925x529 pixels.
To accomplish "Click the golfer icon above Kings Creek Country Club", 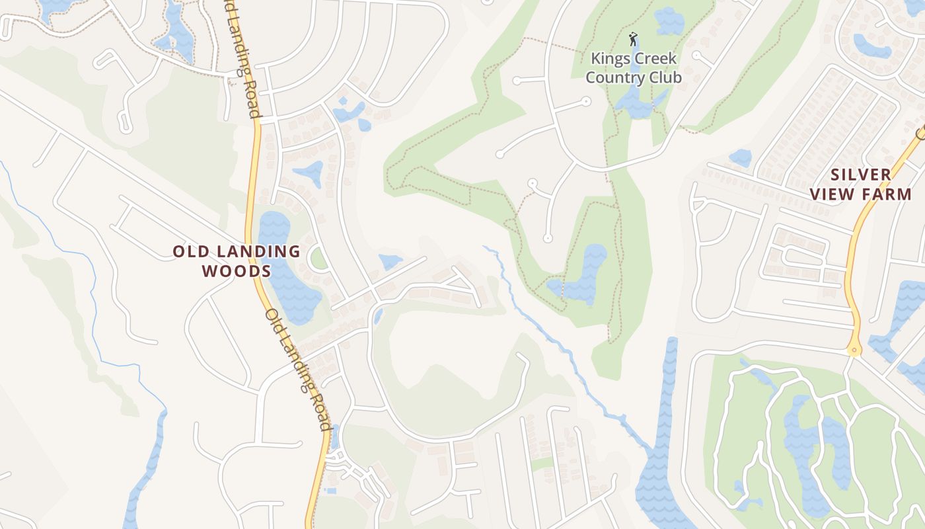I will tap(633, 39).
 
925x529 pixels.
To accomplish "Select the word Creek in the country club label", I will tap(653, 59).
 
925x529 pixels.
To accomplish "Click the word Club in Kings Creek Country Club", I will tap(663, 77).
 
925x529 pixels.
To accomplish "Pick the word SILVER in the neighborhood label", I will tap(861, 175).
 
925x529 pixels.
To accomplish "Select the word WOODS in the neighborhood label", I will tap(237, 271).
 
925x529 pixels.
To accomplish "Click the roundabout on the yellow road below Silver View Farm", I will tap(854, 350).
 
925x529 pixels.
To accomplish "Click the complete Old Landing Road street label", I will tap(298, 370).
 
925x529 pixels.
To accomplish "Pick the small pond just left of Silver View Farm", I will tap(741, 157).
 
